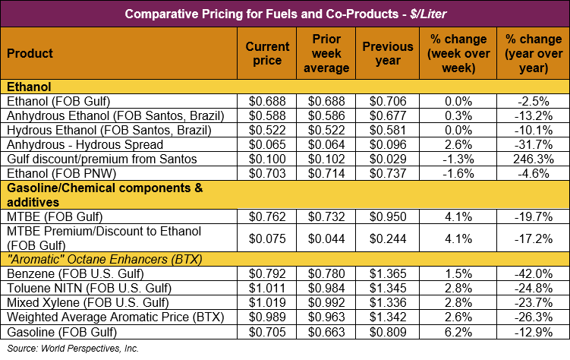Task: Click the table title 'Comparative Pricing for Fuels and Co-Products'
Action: [x=285, y=13]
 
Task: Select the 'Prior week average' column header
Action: [x=330, y=53]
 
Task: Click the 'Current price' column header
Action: [x=268, y=53]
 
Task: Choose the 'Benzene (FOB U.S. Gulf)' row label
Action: [x=68, y=273]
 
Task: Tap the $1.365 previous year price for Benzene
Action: [x=388, y=273]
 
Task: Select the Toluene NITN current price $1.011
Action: [x=268, y=288]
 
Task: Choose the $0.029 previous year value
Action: [x=388, y=159]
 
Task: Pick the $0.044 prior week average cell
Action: [x=330, y=238]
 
